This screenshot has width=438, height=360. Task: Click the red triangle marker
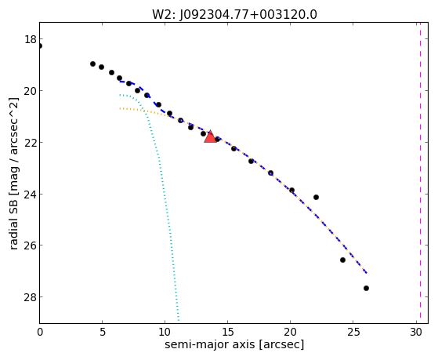point(210,136)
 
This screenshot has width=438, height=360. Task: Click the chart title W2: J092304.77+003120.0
point(234,14)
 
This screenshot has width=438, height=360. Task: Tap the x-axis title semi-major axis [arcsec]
point(234,344)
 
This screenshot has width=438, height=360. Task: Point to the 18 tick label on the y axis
point(31,39)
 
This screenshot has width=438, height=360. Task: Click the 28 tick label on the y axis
point(31,297)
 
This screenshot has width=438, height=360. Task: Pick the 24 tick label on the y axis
point(31,195)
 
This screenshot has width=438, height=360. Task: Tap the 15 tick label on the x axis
point(228,332)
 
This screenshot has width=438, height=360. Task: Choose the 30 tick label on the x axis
point(416,332)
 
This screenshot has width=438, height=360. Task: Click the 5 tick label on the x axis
point(103,332)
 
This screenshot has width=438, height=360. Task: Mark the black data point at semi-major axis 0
point(40,45)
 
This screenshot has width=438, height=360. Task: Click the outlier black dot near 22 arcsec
point(316,197)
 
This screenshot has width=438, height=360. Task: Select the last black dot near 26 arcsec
point(366,288)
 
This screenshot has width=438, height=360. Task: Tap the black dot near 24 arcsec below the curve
point(342,260)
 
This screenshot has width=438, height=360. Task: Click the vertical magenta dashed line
point(420,173)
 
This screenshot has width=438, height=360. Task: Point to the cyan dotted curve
point(161,179)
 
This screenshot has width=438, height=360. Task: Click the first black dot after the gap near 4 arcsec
point(92,64)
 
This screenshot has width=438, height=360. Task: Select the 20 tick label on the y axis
point(31,91)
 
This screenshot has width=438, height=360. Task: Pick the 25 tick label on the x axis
point(353,332)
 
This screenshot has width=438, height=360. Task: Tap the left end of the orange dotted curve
point(120,108)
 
